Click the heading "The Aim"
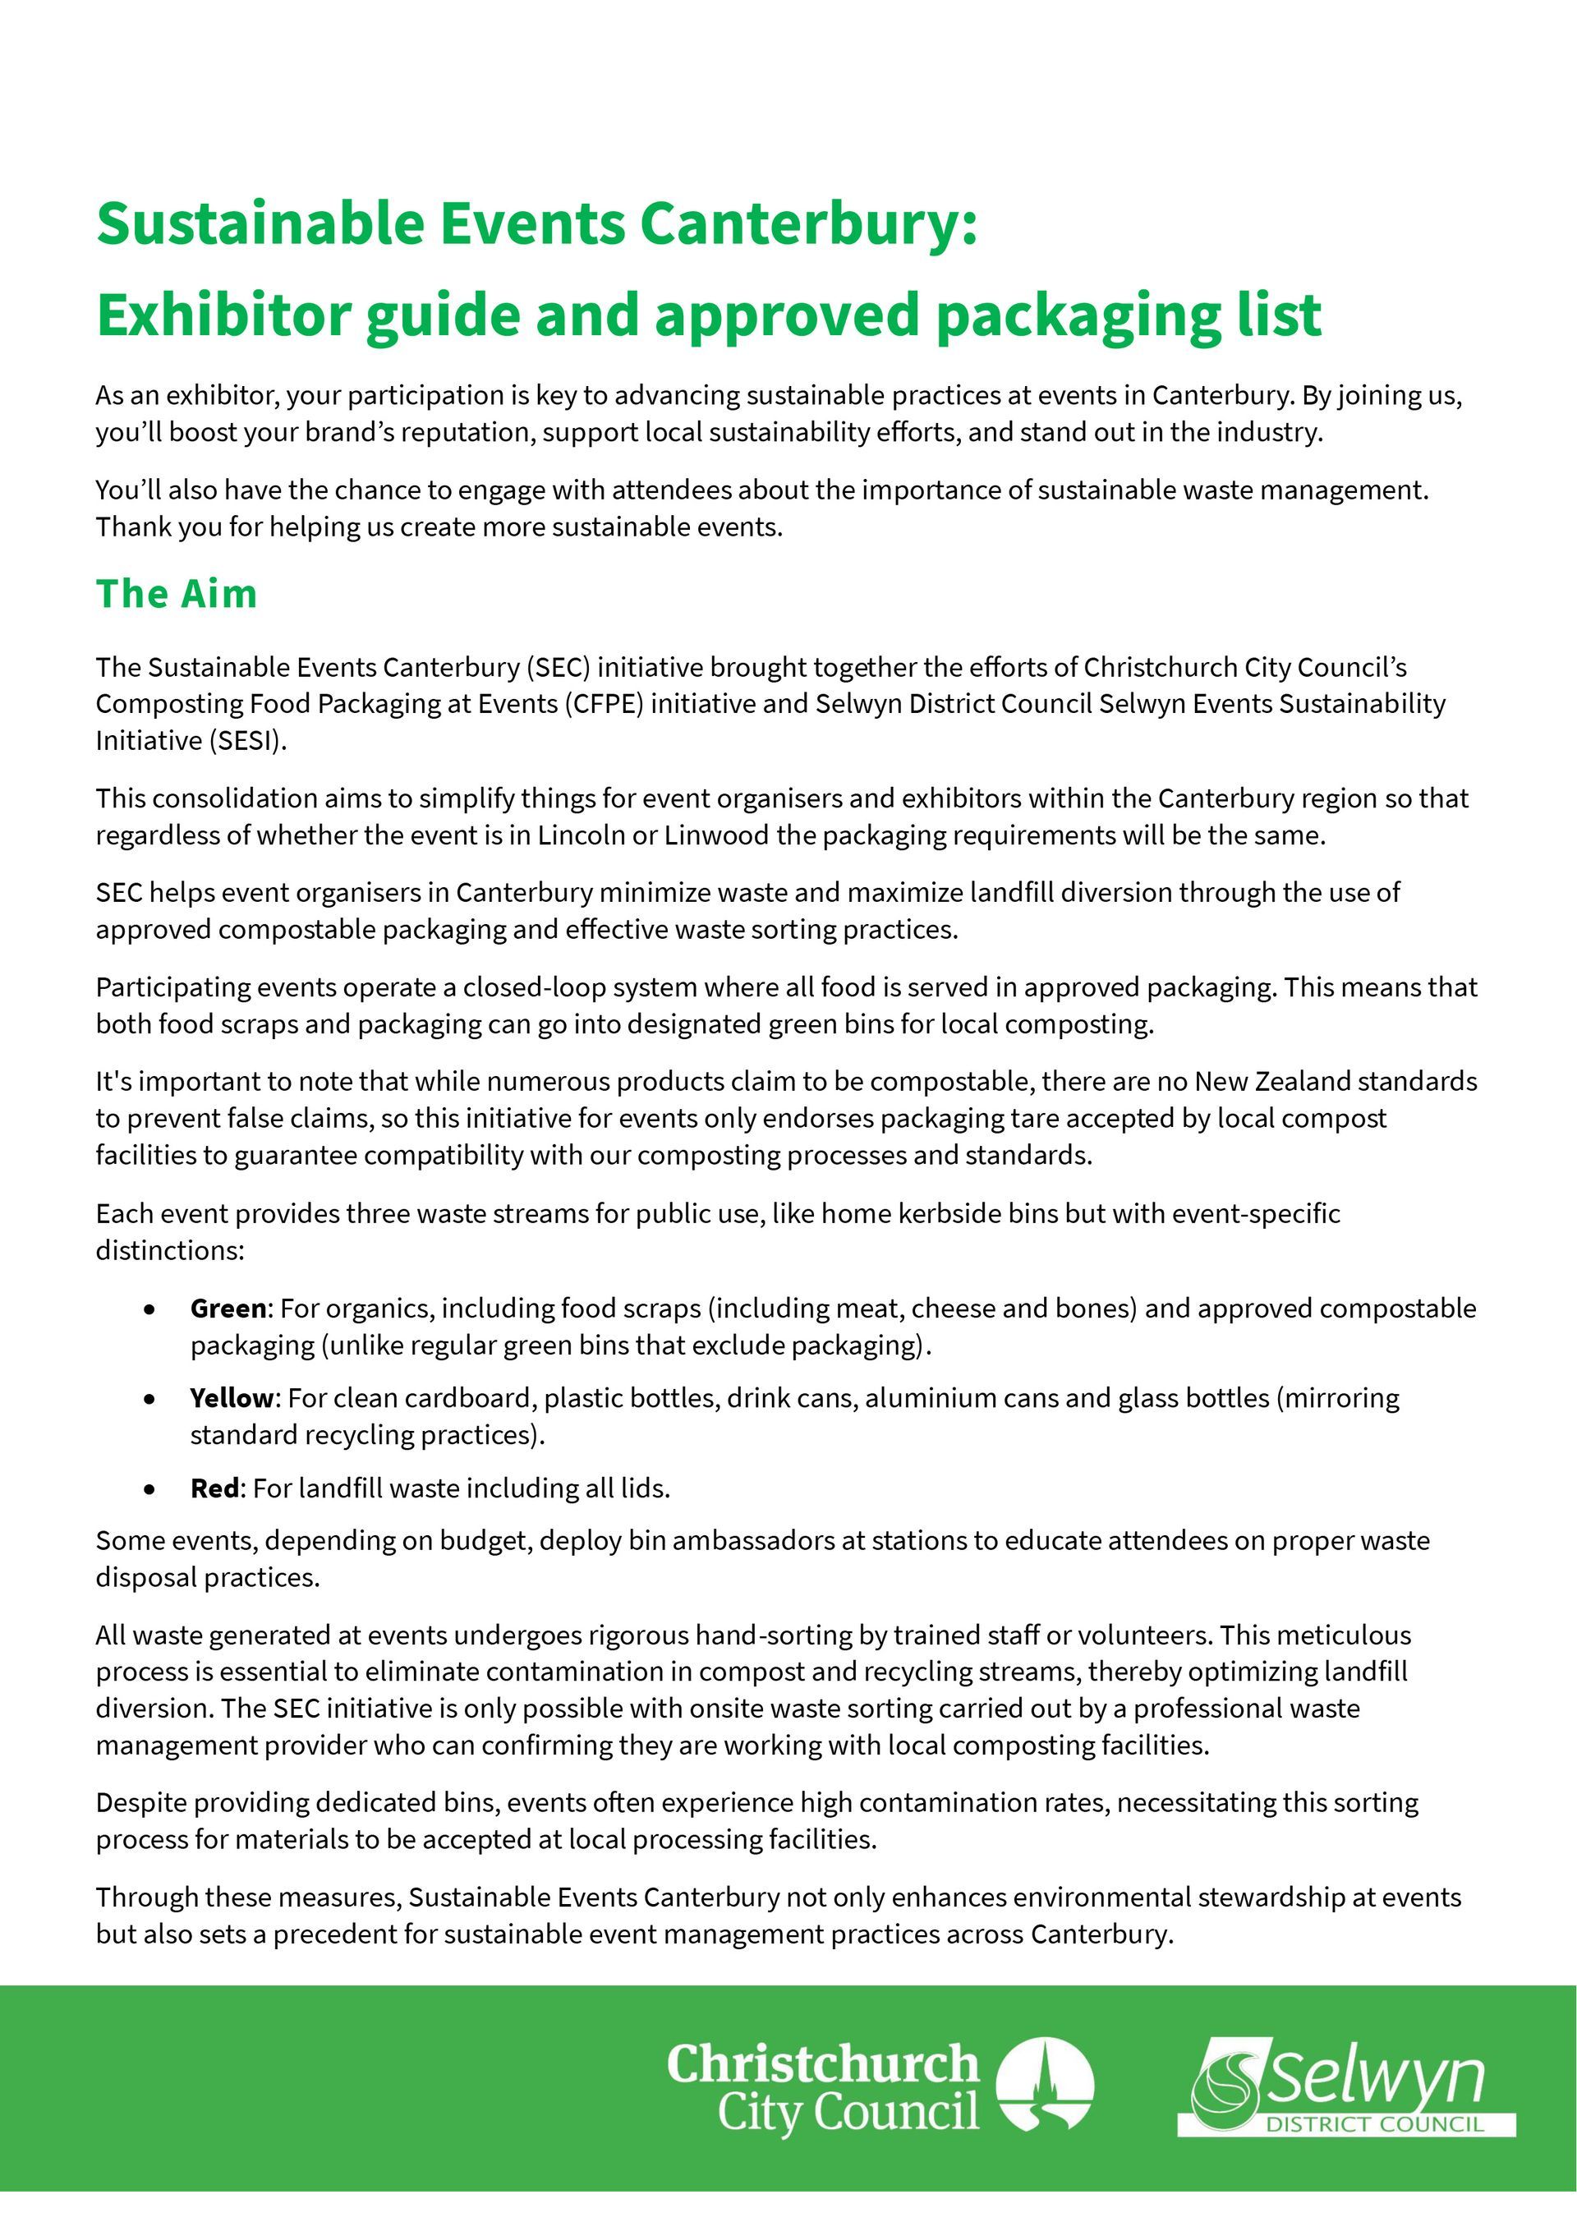click(176, 594)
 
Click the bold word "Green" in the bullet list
click(228, 1309)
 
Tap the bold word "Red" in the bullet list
click(214, 1488)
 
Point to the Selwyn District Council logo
click(1345, 2087)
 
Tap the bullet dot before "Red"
click(149, 1488)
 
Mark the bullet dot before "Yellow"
click(149, 1399)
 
